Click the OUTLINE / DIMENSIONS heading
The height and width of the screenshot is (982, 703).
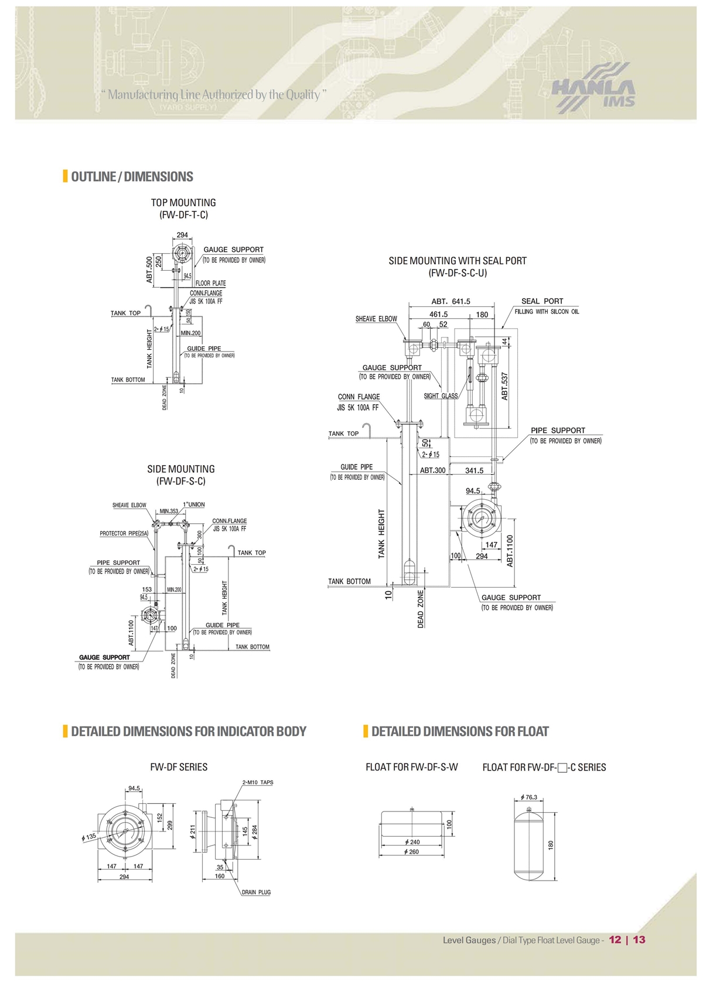(x=132, y=176)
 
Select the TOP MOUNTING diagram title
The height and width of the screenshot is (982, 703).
(x=183, y=203)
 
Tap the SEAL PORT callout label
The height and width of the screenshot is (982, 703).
(x=542, y=301)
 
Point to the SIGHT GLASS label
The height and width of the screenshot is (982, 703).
(x=441, y=396)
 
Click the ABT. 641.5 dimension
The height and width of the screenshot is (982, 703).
(x=451, y=302)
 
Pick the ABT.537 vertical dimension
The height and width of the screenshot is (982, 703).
(x=504, y=386)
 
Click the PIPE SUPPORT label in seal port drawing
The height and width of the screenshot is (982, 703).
(x=558, y=430)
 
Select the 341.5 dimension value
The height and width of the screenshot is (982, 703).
(x=474, y=470)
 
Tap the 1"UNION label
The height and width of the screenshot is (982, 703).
(x=194, y=504)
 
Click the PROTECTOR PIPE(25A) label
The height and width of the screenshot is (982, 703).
(x=124, y=534)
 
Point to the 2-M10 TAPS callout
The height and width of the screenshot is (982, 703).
(x=258, y=782)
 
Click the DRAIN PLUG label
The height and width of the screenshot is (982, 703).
(x=257, y=892)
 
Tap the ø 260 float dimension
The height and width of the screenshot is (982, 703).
(x=412, y=852)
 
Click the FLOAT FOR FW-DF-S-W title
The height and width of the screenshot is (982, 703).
(x=411, y=767)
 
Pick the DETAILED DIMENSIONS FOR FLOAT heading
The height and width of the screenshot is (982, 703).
(x=460, y=731)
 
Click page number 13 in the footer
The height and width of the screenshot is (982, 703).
(x=639, y=940)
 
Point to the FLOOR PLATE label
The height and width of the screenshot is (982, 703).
(x=210, y=283)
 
